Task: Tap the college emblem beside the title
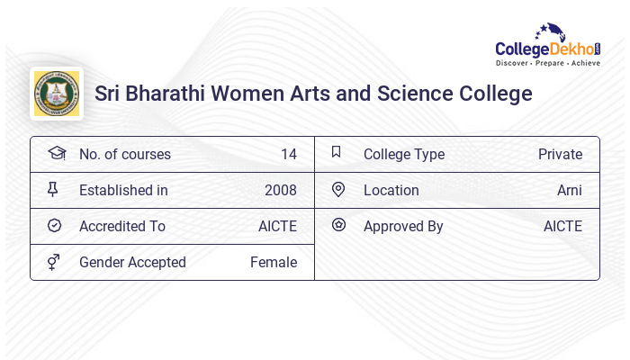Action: [57, 94]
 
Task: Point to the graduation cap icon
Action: [56, 153]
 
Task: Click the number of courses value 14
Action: [288, 154]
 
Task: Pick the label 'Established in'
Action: [123, 190]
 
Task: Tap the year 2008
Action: [280, 190]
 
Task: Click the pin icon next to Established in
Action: [54, 189]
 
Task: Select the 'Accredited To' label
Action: [122, 226]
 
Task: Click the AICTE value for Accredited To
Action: [277, 226]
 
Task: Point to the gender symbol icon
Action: [54, 262]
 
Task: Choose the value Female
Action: [274, 262]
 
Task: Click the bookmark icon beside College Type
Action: [337, 152]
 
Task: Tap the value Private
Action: [560, 154]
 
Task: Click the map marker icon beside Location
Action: [338, 189]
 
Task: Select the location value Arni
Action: [569, 190]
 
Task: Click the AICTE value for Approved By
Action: [562, 226]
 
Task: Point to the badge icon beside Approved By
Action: [338, 225]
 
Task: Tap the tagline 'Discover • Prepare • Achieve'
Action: [547, 64]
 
